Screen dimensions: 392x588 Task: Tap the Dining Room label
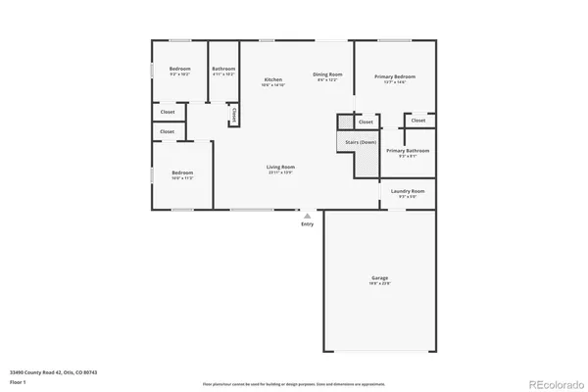(x=326, y=74)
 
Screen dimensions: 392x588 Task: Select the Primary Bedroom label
(x=395, y=75)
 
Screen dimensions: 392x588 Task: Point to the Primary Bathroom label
(x=408, y=150)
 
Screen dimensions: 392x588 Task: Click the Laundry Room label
(x=407, y=191)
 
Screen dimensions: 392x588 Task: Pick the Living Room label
(x=280, y=167)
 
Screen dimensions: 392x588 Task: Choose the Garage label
(x=379, y=277)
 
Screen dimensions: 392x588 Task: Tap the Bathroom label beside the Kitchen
(x=223, y=69)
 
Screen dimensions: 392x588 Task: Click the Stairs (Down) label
(x=361, y=142)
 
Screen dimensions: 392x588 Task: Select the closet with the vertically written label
(x=233, y=115)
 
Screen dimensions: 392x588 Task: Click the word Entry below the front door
(x=308, y=224)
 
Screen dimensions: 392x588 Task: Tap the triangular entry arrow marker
(x=308, y=215)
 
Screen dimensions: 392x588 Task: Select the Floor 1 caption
(x=17, y=381)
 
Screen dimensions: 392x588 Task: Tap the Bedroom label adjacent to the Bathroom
(x=179, y=69)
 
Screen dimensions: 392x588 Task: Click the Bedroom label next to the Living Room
(x=182, y=173)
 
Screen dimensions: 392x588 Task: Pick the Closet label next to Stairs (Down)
(x=365, y=122)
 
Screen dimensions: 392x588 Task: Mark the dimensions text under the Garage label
(x=379, y=283)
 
